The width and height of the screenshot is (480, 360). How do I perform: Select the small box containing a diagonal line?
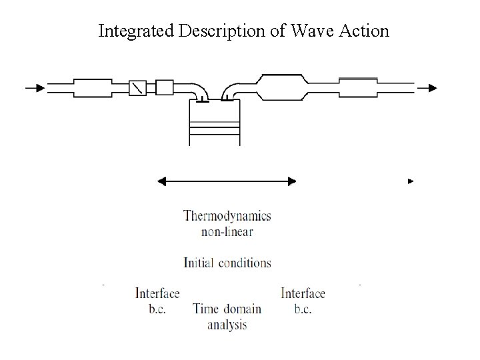pyautogui.click(x=137, y=87)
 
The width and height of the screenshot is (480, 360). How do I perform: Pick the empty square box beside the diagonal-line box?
pyautogui.click(x=164, y=87)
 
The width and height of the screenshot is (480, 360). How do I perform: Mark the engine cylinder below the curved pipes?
pyautogui.click(x=214, y=124)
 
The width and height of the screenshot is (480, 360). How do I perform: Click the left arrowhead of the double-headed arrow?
pyautogui.click(x=161, y=181)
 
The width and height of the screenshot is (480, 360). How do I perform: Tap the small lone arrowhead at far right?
pyautogui.click(x=411, y=181)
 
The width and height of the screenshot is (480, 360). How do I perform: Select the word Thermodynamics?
pyautogui.click(x=227, y=216)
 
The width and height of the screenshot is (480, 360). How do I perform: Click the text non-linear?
pyautogui.click(x=227, y=232)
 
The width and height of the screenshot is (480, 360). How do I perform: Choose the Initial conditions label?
pyautogui.click(x=227, y=263)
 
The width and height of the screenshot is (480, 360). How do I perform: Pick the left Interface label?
pyautogui.click(x=157, y=293)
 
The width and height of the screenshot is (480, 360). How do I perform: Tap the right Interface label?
pyautogui.click(x=303, y=293)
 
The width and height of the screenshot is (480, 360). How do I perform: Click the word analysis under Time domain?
pyautogui.click(x=227, y=325)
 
